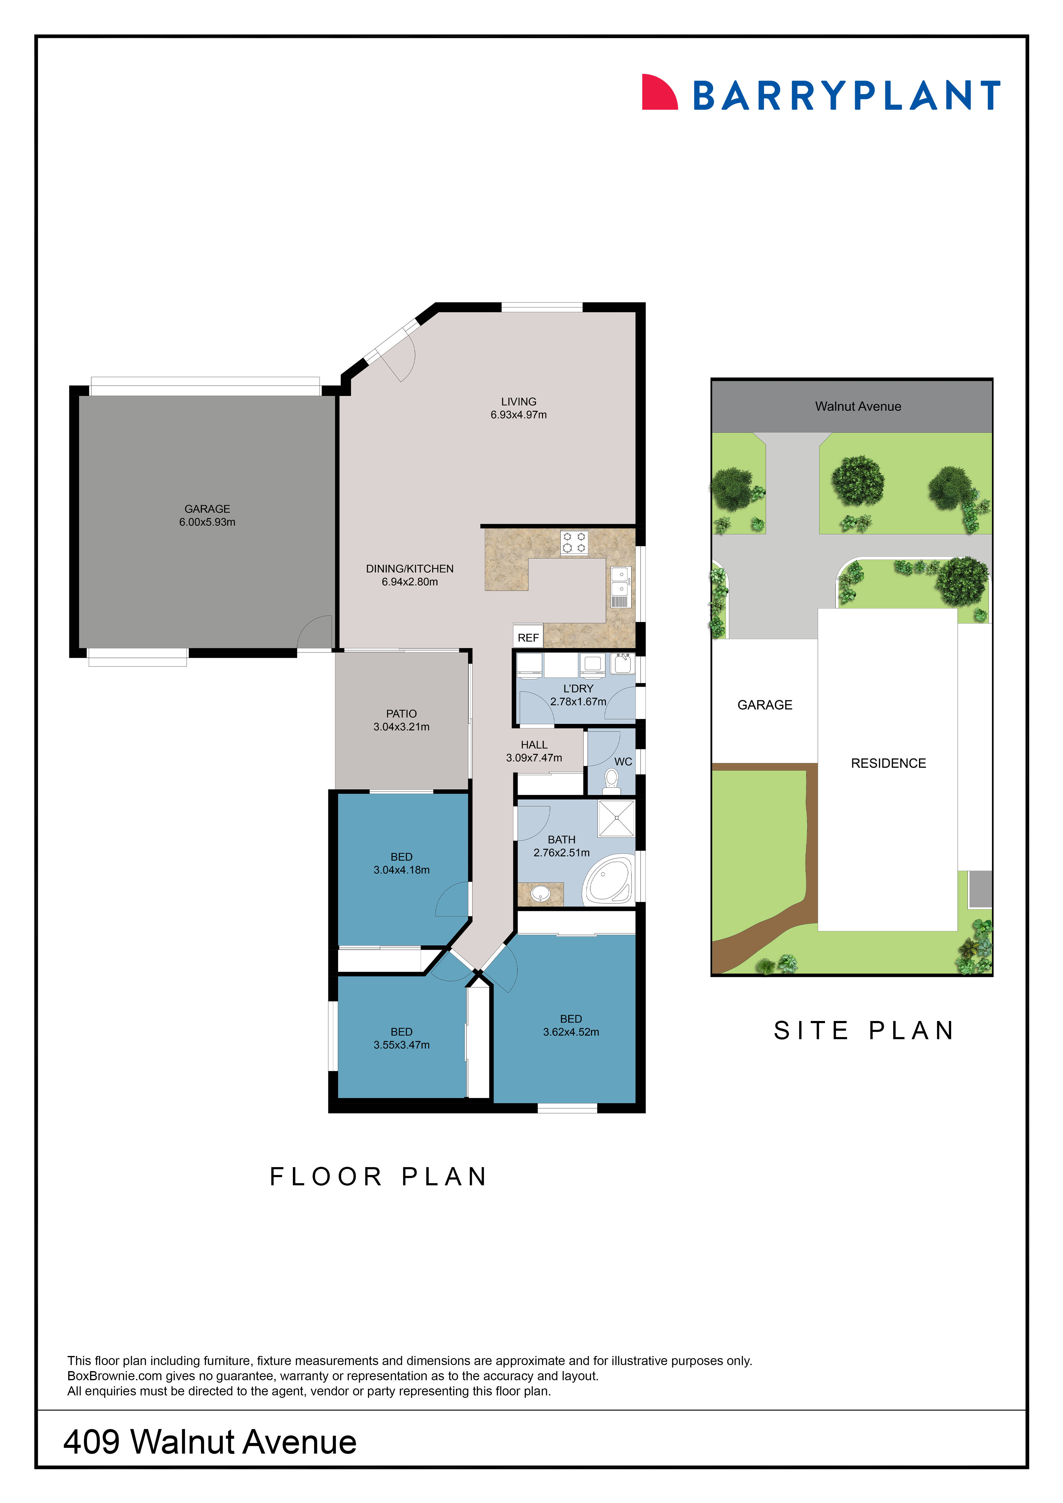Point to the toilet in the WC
click(x=611, y=780)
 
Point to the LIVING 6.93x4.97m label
click(x=518, y=408)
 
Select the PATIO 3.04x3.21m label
click(x=401, y=720)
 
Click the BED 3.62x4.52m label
click(x=571, y=1025)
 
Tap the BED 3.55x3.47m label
click(x=401, y=1038)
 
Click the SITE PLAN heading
click(x=864, y=1030)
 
